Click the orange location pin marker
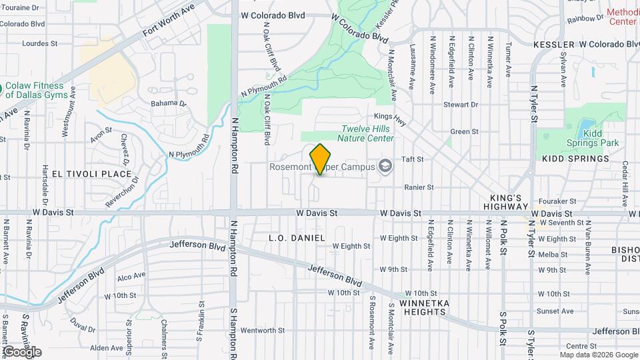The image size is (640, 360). point(321,159)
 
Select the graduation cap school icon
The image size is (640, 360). point(385,165)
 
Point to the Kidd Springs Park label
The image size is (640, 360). point(593,138)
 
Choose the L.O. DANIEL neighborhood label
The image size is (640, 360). point(297,238)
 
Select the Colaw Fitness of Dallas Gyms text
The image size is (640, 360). point(40,90)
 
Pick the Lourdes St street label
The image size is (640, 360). point(40,43)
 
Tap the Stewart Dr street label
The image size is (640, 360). point(461,105)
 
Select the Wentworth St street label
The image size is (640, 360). point(262,330)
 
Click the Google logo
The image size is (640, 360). point(22,352)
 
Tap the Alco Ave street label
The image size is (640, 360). point(131,275)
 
